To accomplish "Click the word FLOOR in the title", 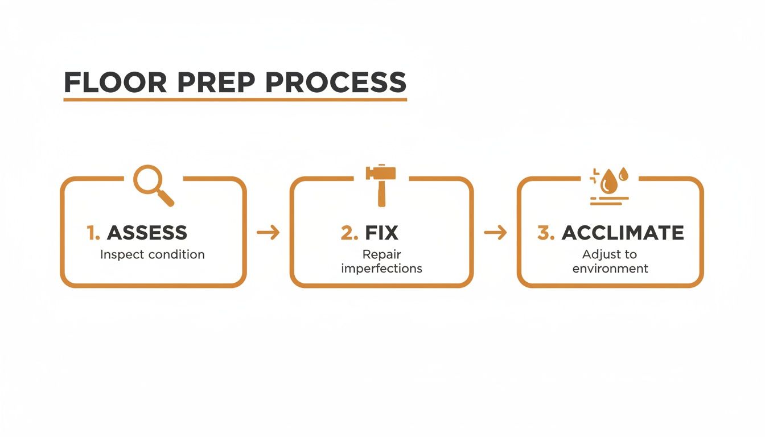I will pos(115,83).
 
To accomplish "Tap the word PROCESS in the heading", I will pos(336,83).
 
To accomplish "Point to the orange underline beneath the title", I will pos(235,100).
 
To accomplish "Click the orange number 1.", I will pos(93,233).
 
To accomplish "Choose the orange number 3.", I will pos(545,233).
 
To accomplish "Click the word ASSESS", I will pos(147,233).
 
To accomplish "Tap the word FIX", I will pos(381,233).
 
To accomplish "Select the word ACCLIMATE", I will pos(623,233).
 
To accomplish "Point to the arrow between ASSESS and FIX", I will pos(268,232).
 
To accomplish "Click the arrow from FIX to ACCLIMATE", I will pos(495,232).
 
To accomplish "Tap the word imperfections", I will pos(381,268).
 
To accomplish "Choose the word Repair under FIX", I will pos(381,254).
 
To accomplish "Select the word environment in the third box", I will pos(610,268).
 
